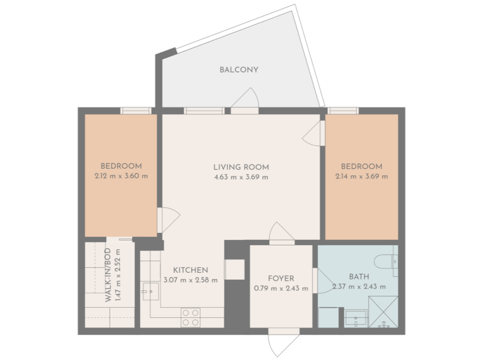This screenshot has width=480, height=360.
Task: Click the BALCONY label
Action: [239, 70]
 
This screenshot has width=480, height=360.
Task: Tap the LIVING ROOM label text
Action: [241, 167]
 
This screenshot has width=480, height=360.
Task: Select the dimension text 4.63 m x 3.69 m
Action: [241, 177]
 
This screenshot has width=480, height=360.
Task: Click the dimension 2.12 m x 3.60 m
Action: [121, 176]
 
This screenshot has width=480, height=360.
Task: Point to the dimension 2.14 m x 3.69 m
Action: [361, 177]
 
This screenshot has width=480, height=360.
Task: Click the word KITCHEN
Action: [190, 270]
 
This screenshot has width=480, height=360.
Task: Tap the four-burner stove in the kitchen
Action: [190, 317]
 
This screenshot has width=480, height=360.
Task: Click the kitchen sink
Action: [151, 291]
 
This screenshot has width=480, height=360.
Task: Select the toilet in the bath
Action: [388, 261]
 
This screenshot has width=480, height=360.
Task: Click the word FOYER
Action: [281, 278]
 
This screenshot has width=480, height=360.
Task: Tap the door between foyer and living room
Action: [281, 233]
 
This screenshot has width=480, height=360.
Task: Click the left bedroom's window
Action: [135, 111]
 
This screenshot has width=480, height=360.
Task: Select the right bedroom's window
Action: [343, 111]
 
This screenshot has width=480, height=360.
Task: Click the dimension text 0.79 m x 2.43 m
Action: [281, 288]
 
